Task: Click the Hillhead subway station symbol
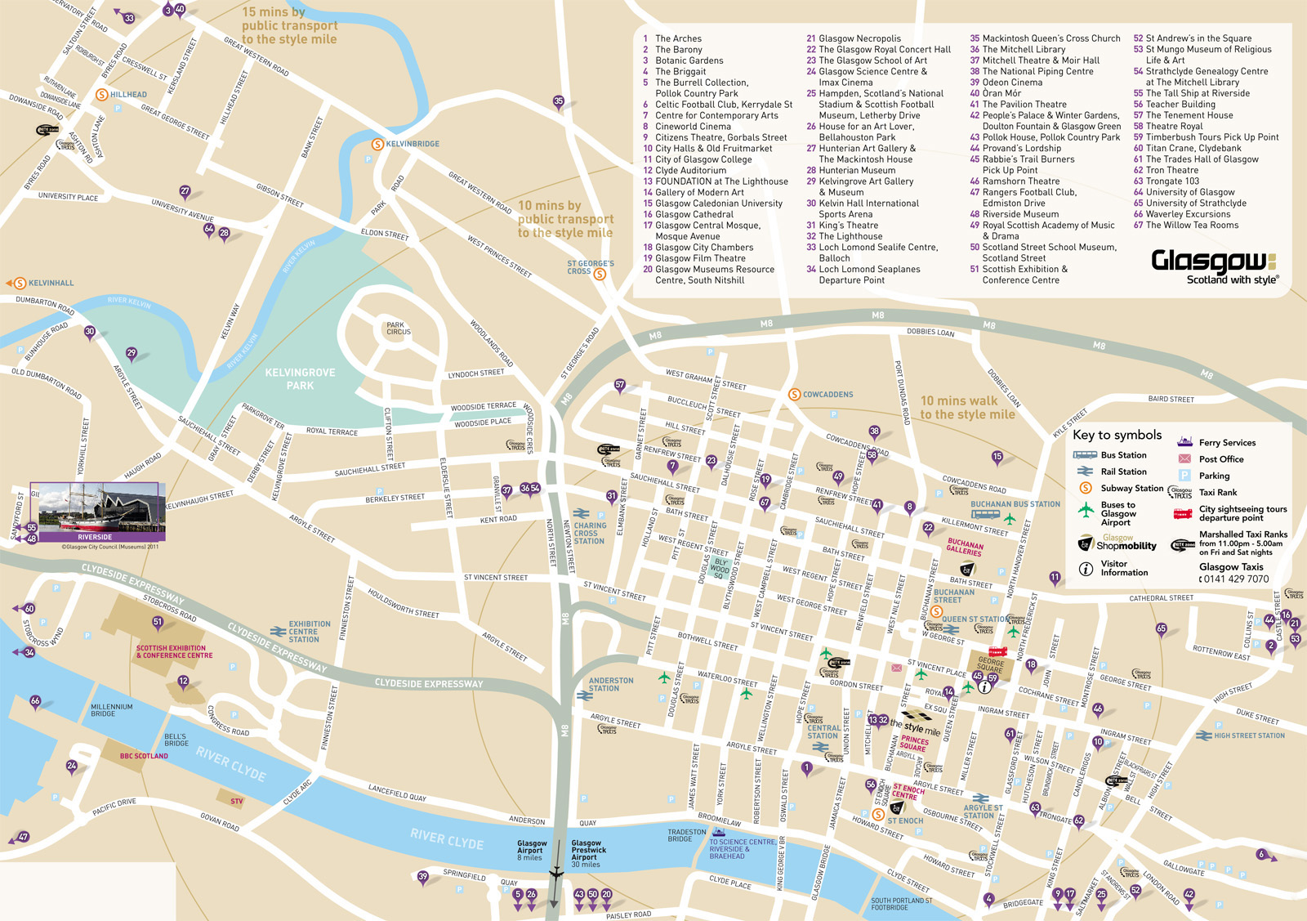click(101, 95)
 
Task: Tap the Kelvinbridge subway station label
click(413, 144)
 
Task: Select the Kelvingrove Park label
click(300, 378)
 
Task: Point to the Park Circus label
click(399, 329)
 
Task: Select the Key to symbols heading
click(1117, 435)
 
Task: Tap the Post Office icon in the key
click(1184, 459)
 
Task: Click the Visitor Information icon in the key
click(1086, 569)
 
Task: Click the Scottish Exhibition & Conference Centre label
click(174, 651)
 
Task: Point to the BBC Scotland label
click(144, 756)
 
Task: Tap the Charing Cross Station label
click(590, 533)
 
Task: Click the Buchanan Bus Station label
click(1015, 504)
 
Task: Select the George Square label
click(991, 665)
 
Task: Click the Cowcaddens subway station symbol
click(794, 395)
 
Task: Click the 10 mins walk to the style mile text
click(967, 408)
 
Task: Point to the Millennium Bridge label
click(112, 710)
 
